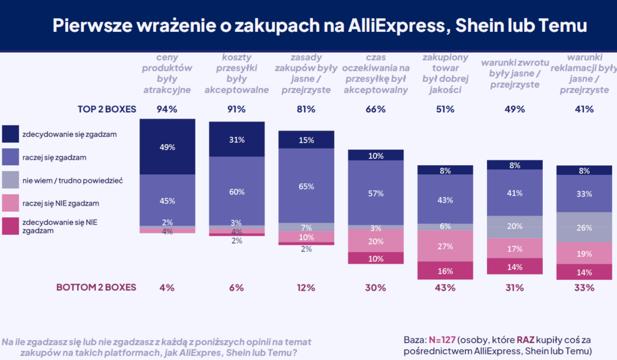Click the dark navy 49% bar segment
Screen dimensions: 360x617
tap(168, 147)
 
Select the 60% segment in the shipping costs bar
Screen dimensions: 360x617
tap(237, 191)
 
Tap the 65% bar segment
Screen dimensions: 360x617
tap(306, 186)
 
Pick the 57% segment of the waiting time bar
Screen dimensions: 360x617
tap(375, 193)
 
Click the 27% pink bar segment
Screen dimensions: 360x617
tap(445, 246)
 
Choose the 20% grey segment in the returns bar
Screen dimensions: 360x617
tap(515, 227)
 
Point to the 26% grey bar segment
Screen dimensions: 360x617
tap(584, 227)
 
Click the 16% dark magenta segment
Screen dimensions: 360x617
tap(445, 271)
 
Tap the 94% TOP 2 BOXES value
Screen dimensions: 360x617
tap(167, 109)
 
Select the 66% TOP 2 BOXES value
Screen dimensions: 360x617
tap(375, 109)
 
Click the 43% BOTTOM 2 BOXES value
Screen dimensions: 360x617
tap(445, 288)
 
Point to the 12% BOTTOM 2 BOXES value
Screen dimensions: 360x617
tap(306, 288)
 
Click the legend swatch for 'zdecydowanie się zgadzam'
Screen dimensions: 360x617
tap(11, 133)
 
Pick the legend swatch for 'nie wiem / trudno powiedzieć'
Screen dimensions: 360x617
tap(11, 179)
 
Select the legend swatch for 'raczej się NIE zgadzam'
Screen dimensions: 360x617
tap(11, 203)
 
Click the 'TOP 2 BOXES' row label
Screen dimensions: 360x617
tap(107, 109)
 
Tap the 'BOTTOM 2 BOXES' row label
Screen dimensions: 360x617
tap(96, 288)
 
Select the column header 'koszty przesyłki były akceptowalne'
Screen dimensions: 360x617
tap(237, 74)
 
